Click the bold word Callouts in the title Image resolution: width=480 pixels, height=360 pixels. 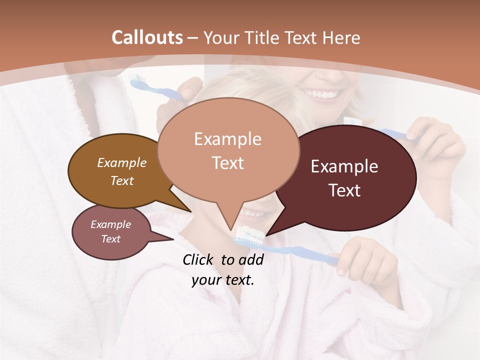pos(147,37)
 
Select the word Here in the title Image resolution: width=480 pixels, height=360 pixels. pos(341,37)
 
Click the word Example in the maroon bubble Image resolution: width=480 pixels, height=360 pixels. pos(344,166)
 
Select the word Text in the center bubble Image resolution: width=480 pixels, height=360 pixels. pos(227,163)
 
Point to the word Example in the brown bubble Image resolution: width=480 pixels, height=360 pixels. pos(121,162)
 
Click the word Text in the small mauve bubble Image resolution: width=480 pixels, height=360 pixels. pos(110,239)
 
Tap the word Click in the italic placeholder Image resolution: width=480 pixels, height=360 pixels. pos(198,259)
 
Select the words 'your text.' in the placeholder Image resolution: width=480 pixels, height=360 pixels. pos(223,280)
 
